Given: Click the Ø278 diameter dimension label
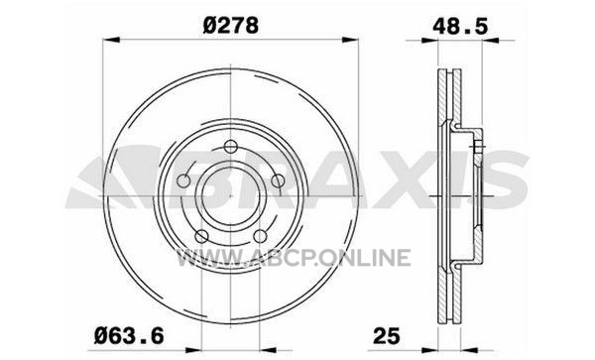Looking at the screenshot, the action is tap(231, 26).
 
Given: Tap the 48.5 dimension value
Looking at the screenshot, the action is tap(459, 27).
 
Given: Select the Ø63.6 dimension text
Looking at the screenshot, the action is tap(129, 336).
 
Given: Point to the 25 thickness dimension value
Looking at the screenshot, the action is tap(387, 336).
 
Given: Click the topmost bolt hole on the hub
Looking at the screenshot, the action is tap(230, 147).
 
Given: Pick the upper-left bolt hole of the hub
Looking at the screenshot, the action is tap(183, 180).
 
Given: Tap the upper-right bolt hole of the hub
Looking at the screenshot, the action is tap(278, 180).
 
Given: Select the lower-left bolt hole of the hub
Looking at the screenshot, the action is tap(201, 236).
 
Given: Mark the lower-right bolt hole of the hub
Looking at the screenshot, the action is tap(260, 236).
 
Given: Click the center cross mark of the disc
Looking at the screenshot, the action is tap(231, 195).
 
